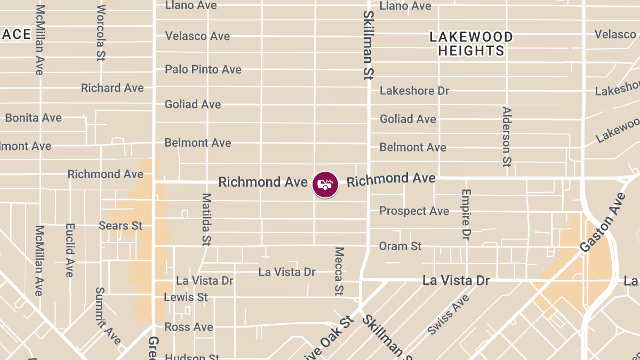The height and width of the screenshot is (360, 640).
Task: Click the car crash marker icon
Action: coord(325,185)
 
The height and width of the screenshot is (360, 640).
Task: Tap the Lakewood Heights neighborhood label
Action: coord(471,44)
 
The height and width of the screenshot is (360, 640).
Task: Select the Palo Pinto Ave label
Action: coord(203,69)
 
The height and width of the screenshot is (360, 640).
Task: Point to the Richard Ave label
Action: coord(112,88)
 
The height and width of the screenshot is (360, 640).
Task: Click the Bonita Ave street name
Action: coord(33,118)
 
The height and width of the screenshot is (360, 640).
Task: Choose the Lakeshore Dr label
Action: coord(414,91)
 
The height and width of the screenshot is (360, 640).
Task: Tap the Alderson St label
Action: coord(507,137)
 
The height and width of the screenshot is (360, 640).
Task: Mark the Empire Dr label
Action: coord(466,214)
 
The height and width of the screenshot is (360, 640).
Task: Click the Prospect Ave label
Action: coord(414,211)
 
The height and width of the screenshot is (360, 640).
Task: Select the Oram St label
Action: coord(400,246)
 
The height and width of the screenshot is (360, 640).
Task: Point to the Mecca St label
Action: coord(339,271)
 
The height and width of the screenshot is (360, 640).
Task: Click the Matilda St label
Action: coord(206,219)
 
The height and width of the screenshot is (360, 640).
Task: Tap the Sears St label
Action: coord(121,226)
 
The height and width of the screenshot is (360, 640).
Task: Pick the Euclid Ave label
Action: coord(69,250)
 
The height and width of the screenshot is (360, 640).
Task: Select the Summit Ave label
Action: coord(107,316)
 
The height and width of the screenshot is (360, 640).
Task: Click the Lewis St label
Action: coord(186,297)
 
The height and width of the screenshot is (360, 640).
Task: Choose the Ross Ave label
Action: coord(188,327)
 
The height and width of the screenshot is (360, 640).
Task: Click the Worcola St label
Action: coord(101,33)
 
